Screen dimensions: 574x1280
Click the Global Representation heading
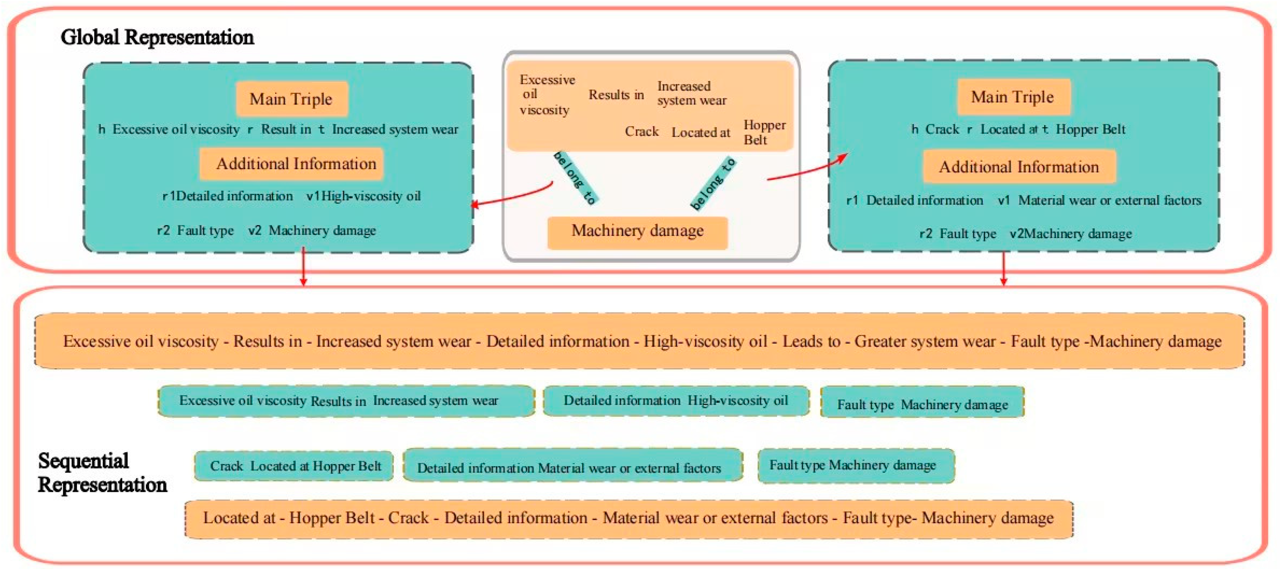[x=157, y=37]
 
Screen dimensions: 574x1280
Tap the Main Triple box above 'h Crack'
[x=1013, y=97]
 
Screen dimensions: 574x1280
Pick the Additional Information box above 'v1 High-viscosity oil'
[x=292, y=164]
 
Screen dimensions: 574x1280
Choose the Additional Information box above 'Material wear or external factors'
[x=1019, y=167]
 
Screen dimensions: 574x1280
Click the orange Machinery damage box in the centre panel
[x=638, y=231]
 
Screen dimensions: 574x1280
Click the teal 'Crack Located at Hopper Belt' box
[x=294, y=466]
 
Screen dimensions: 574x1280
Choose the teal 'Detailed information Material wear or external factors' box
[x=572, y=467]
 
